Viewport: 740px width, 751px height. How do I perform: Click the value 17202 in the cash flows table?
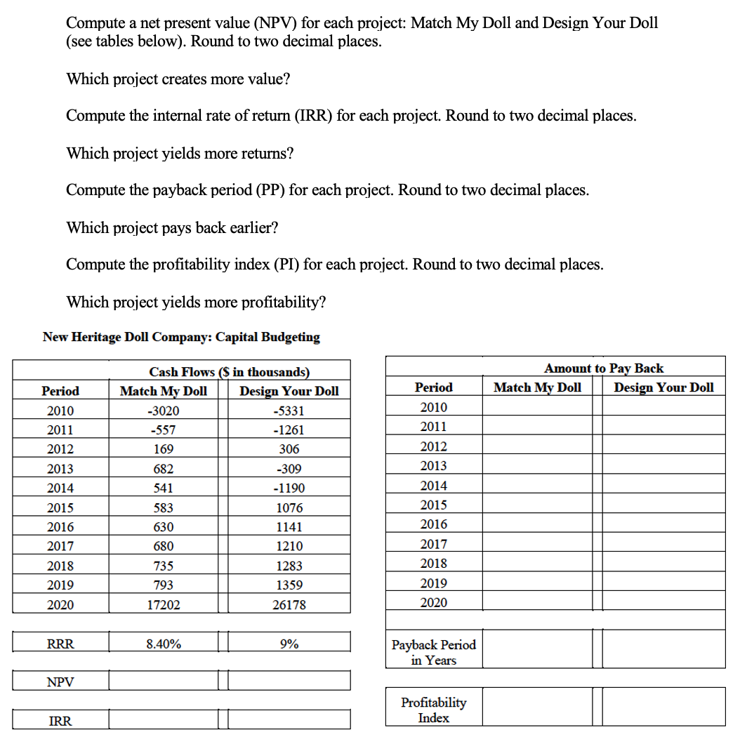pyautogui.click(x=163, y=604)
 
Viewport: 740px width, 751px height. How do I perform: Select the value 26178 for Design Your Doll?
pyautogui.click(x=289, y=604)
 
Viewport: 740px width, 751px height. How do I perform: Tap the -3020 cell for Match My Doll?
pyautogui.click(x=163, y=411)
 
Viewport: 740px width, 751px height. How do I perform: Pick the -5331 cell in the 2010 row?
pyautogui.click(x=289, y=411)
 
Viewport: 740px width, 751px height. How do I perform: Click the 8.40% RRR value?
pyautogui.click(x=163, y=643)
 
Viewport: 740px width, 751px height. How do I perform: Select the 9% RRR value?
pyautogui.click(x=289, y=643)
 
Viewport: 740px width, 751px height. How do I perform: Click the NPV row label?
pyautogui.click(x=60, y=682)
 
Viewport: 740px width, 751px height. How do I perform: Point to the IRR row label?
pyautogui.click(x=60, y=720)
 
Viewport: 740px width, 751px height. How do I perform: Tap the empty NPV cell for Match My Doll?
pyautogui.click(x=163, y=681)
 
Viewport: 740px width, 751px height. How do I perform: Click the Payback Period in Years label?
pyautogui.click(x=433, y=652)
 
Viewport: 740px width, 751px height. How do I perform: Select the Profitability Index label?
pyautogui.click(x=433, y=710)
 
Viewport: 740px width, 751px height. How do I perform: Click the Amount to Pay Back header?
pyautogui.click(x=603, y=368)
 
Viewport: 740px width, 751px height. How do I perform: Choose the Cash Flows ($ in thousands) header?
pyautogui.click(x=229, y=372)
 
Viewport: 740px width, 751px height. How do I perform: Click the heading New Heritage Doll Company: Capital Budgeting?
pyautogui.click(x=181, y=337)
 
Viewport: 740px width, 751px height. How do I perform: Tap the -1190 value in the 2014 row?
pyautogui.click(x=289, y=488)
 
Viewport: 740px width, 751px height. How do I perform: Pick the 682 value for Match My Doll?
pyautogui.click(x=163, y=469)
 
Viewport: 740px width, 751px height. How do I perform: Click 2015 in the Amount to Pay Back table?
pyautogui.click(x=433, y=505)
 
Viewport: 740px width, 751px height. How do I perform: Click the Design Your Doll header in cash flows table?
pyautogui.click(x=289, y=391)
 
